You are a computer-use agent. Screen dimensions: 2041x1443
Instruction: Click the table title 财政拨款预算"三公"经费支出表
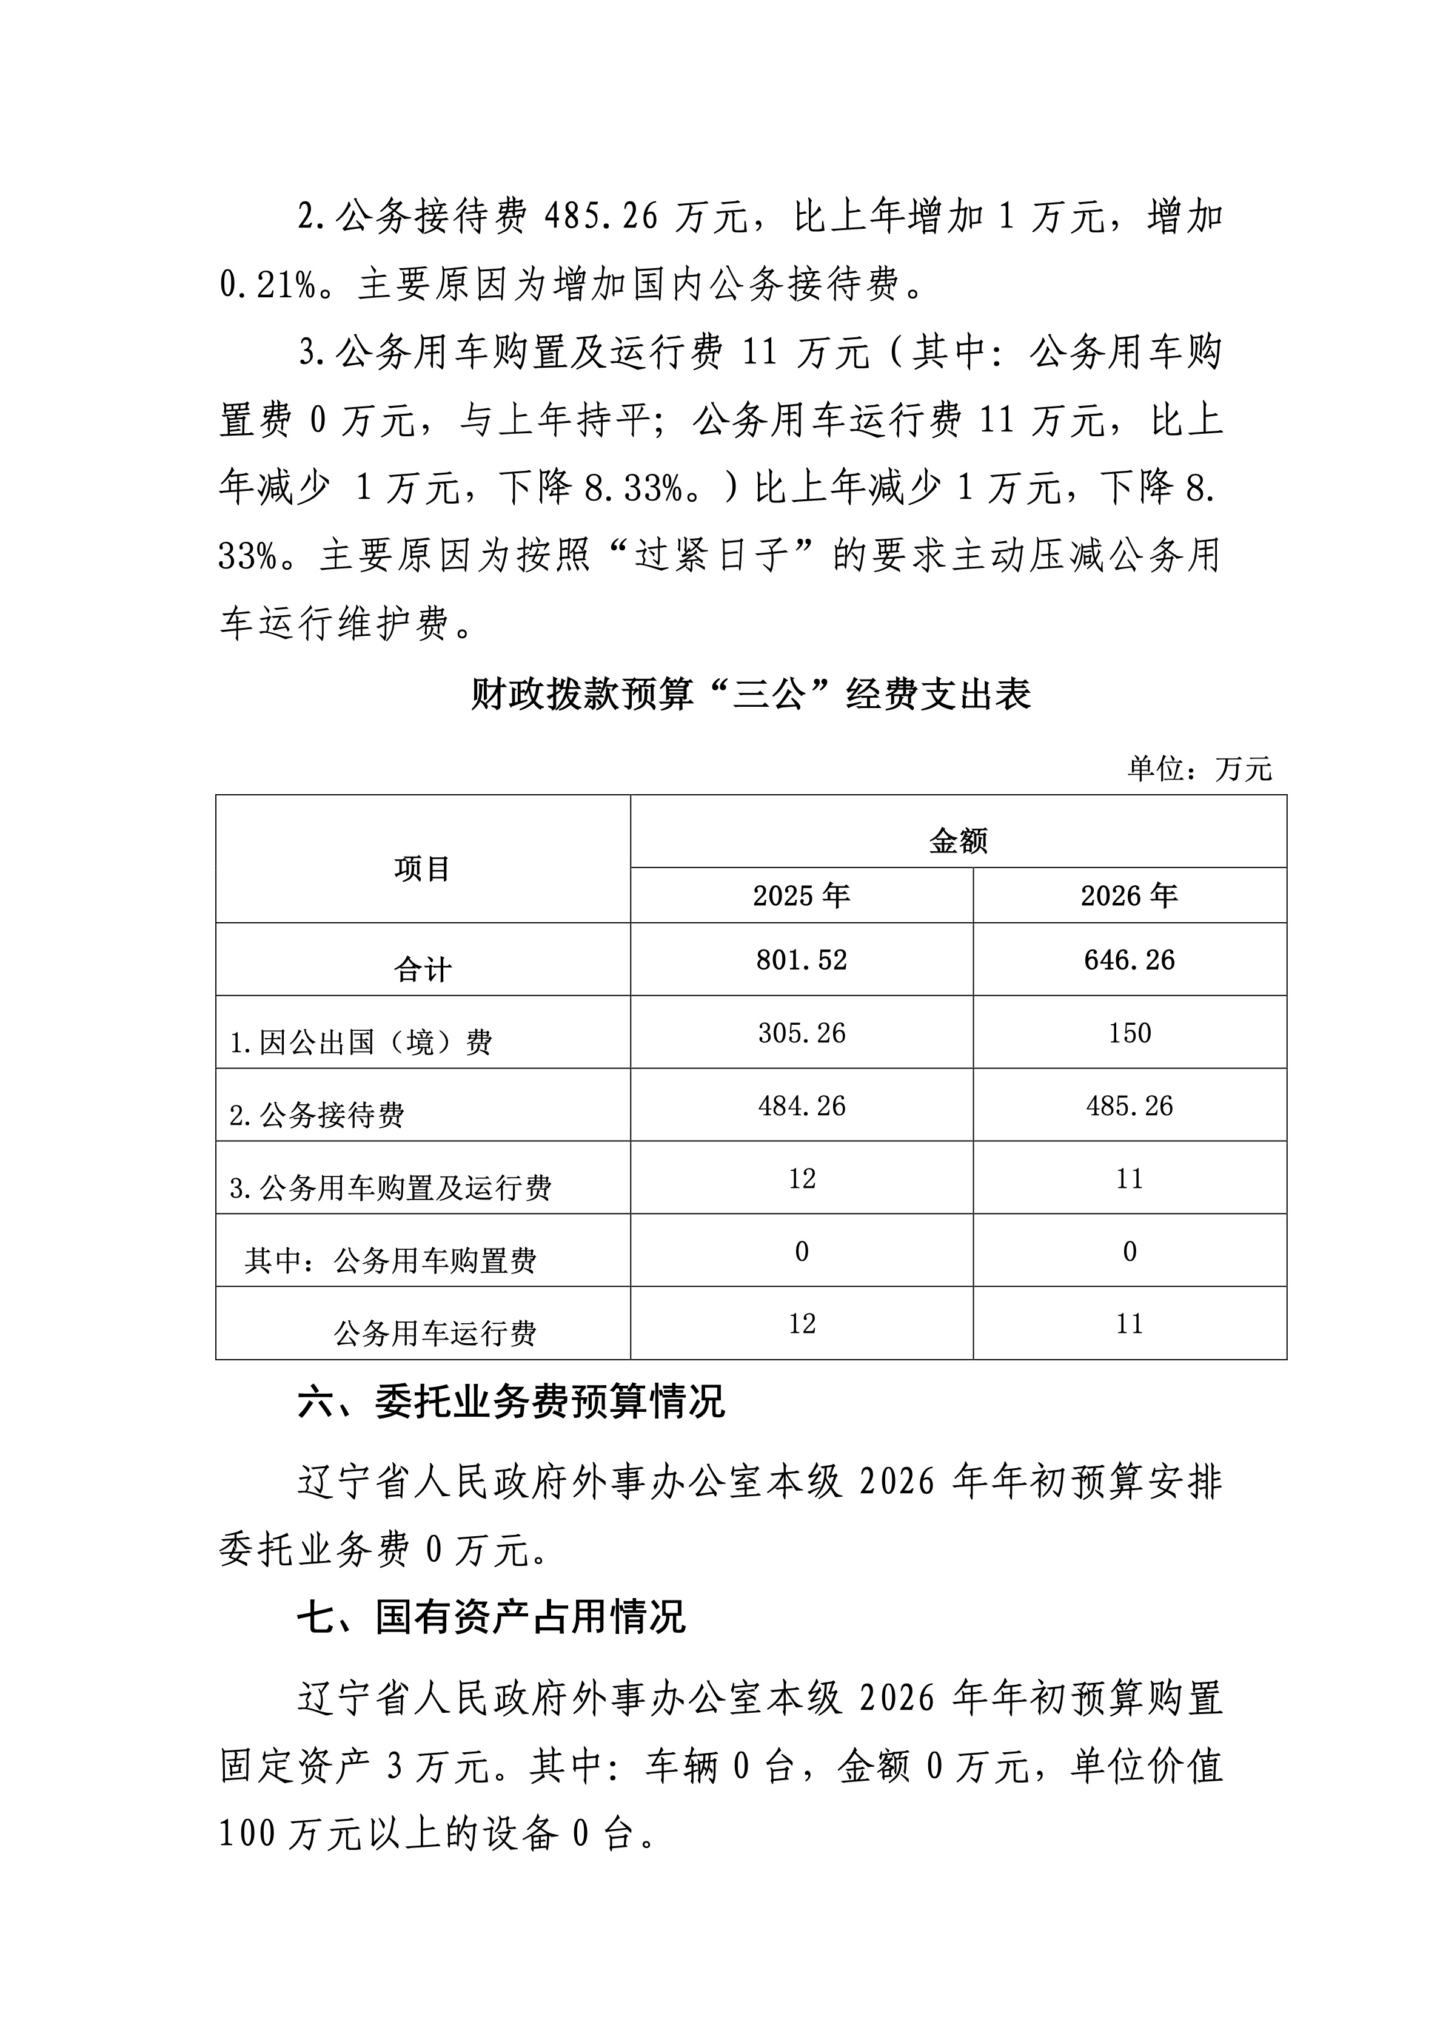pos(750,694)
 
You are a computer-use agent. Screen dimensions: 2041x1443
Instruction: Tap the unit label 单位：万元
pos(1199,768)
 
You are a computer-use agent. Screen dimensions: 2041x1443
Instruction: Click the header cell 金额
pos(958,840)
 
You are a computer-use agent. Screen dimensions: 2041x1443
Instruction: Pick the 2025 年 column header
pos(802,895)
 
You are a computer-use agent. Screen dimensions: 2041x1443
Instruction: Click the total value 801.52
pos(802,960)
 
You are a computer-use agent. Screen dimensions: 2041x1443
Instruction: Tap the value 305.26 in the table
pos(802,1033)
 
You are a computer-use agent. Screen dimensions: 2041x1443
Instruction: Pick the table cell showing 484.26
pos(802,1106)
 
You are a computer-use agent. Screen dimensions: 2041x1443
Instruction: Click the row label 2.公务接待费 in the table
pos(316,1115)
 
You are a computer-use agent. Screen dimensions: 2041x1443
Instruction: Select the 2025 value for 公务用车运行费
pos(802,1324)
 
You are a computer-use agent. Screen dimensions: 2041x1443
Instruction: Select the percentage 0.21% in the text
pos(267,285)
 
